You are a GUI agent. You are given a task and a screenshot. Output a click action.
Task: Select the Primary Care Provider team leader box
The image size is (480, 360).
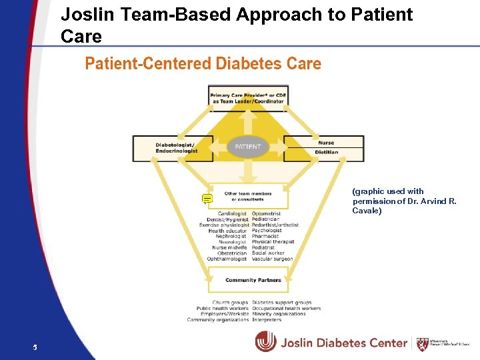248,99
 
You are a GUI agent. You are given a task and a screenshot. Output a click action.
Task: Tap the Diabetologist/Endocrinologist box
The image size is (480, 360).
176,148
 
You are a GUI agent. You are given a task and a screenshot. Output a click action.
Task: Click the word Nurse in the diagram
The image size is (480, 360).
326,143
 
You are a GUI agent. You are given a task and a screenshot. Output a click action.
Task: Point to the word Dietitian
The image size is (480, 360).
326,152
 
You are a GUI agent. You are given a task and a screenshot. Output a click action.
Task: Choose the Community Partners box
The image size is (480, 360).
248,280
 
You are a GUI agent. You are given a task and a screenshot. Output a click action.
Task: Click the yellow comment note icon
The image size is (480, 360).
207,198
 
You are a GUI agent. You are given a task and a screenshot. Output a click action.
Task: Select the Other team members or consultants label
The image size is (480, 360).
248,197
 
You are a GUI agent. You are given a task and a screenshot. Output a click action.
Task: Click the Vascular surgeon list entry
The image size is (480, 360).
272,259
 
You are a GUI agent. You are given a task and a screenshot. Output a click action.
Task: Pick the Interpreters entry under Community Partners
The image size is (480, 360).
267,320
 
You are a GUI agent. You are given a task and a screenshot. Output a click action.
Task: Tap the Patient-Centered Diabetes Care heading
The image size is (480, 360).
203,64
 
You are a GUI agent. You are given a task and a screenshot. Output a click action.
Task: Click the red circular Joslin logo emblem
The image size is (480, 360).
265,342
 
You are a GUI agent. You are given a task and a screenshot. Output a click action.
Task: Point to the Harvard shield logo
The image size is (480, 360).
422,344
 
